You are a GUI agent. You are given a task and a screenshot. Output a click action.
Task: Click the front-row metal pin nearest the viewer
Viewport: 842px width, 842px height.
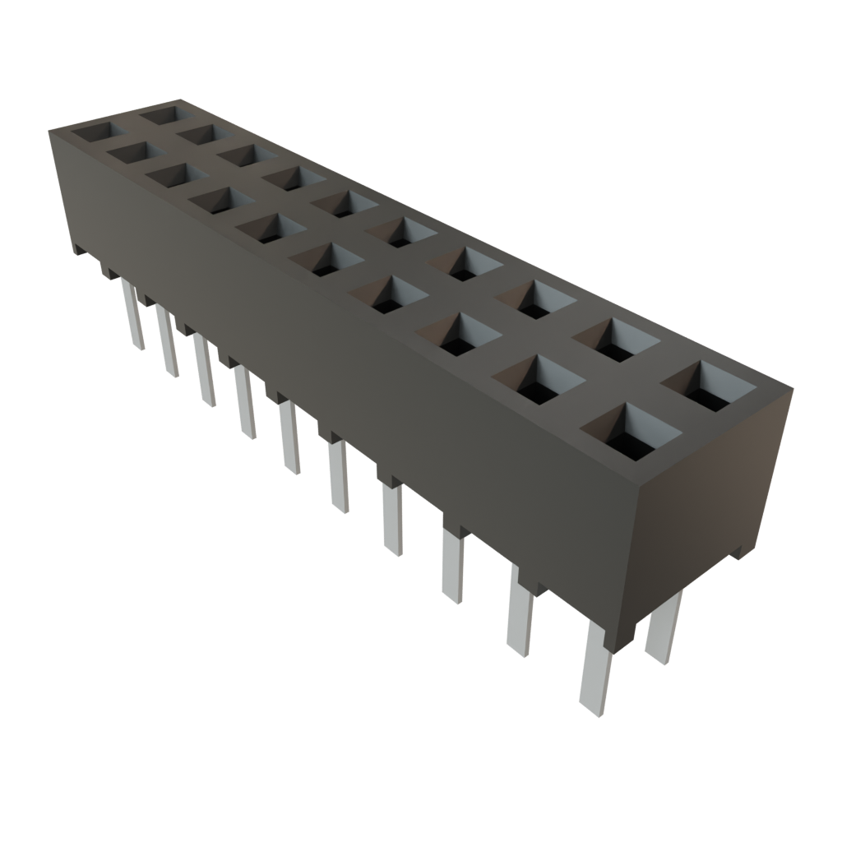click(x=595, y=674)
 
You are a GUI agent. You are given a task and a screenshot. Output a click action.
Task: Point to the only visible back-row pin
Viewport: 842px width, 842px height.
click(x=663, y=629)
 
